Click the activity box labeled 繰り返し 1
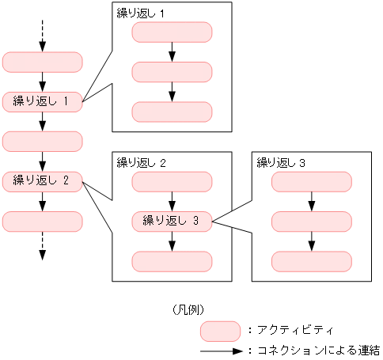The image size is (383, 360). tap(43, 101)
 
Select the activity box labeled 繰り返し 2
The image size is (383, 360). tap(43, 181)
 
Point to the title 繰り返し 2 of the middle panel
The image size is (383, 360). tap(140, 163)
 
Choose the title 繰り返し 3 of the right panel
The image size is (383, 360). tap(281, 163)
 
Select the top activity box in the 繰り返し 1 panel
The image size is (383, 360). tap(172, 32)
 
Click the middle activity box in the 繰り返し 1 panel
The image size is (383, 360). tap(172, 72)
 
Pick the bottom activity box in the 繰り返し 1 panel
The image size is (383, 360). tap(172, 112)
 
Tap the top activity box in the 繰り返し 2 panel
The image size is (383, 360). tap(172, 181)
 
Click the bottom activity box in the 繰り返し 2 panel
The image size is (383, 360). tap(172, 261)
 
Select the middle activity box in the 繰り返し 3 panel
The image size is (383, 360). tap(312, 222)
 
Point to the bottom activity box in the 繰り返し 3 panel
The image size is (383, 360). tap(312, 261)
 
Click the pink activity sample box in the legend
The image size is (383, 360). tap(220, 330)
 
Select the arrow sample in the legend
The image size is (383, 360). tap(221, 350)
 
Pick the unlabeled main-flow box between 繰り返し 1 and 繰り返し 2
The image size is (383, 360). tap(43, 141)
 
